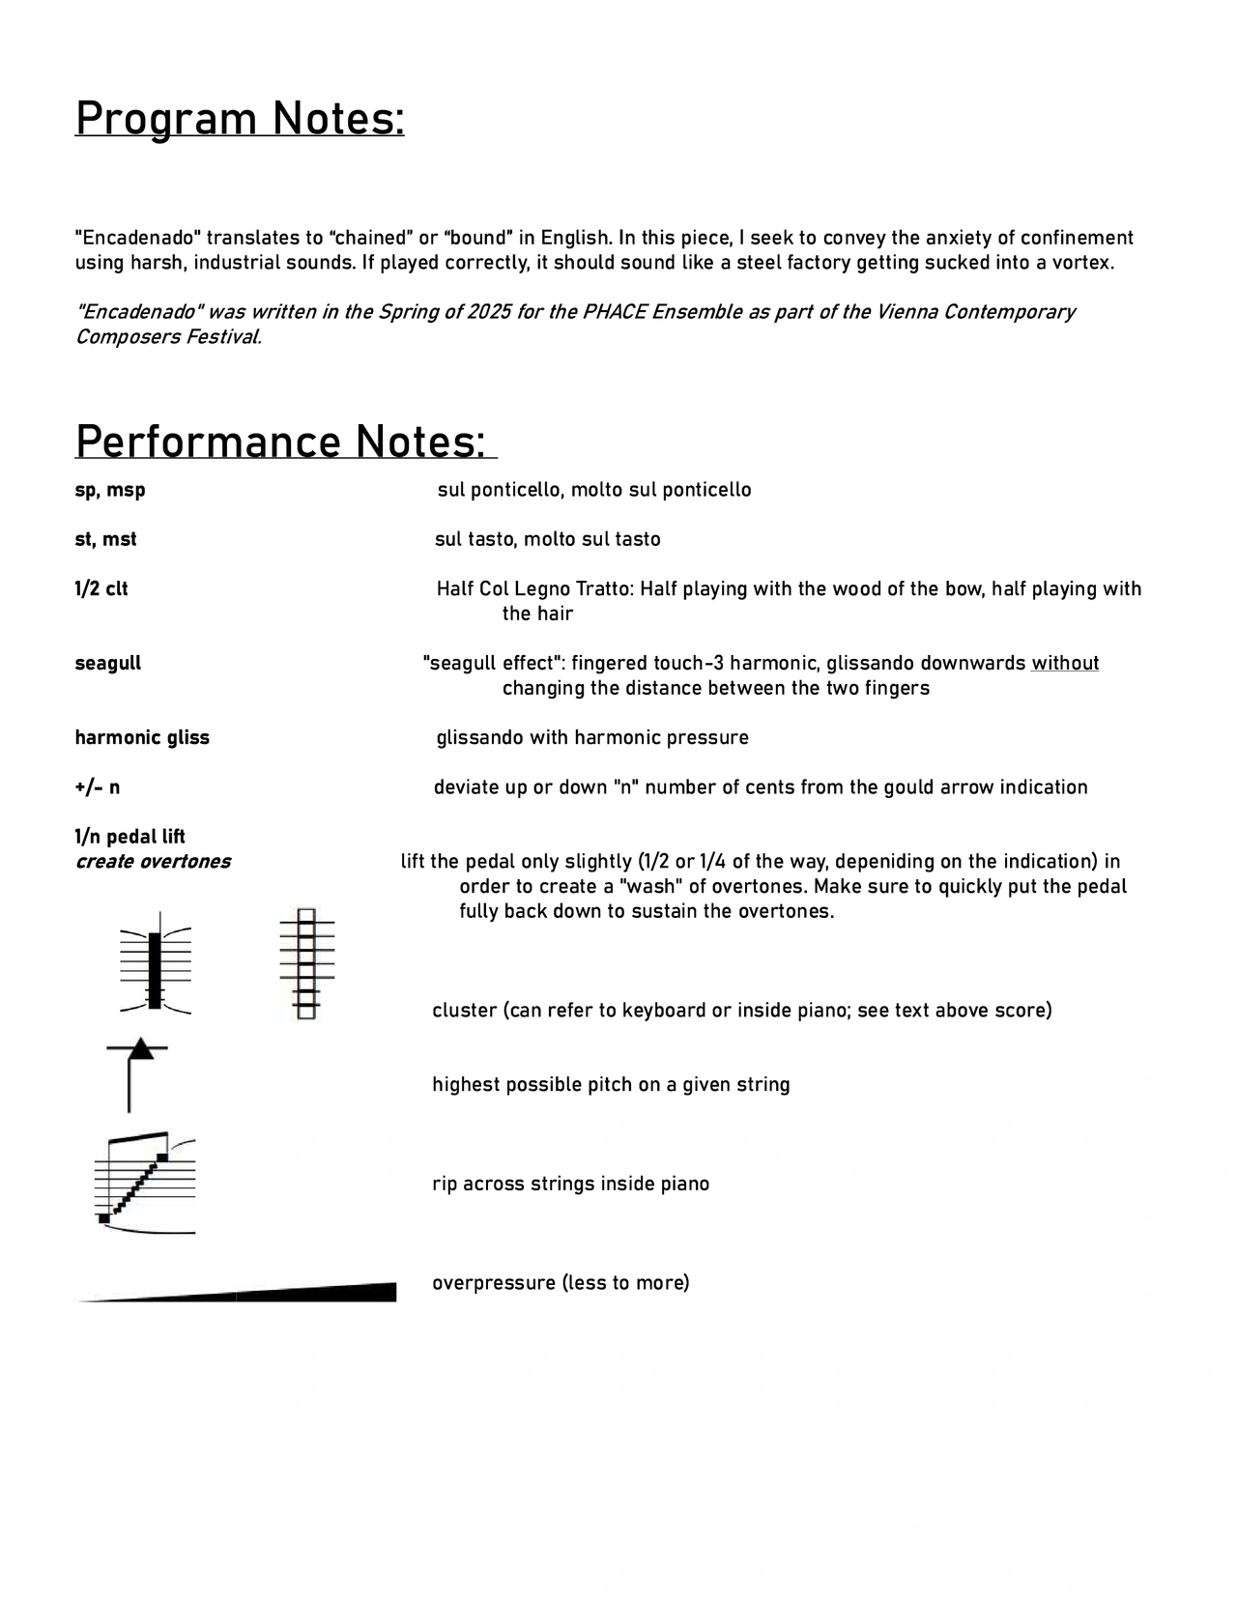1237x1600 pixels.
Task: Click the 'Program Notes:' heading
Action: coord(240,120)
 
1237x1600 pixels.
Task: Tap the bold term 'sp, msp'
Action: coord(110,490)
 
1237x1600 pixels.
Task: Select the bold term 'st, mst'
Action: coord(105,539)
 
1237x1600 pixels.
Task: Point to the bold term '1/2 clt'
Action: coord(101,588)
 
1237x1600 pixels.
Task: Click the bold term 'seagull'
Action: coord(108,663)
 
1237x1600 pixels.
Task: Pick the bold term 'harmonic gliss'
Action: coord(142,737)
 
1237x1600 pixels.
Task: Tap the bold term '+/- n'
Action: coord(98,786)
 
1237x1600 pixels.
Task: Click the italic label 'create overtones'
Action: coord(153,861)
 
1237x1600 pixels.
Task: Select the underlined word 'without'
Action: coord(1065,663)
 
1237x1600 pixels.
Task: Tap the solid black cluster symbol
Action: coord(155,970)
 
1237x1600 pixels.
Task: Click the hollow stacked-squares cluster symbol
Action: coord(306,964)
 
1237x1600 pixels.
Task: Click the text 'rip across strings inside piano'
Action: coord(570,1184)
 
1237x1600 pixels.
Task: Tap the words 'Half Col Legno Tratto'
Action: coord(533,588)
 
